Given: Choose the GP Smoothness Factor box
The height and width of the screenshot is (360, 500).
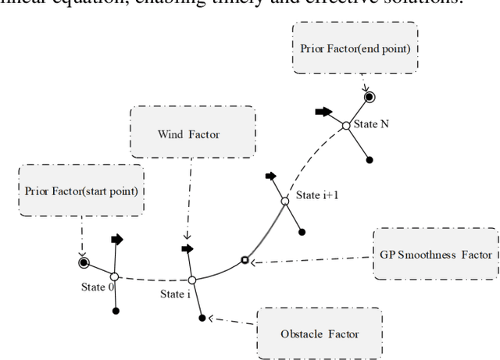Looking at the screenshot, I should tap(435, 255).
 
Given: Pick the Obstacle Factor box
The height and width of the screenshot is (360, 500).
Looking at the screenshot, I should tap(319, 333).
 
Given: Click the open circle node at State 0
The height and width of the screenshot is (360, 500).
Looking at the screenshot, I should tap(114, 276).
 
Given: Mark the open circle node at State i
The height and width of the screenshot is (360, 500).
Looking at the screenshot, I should tap(191, 280).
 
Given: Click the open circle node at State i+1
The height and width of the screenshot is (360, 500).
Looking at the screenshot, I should tap(285, 202).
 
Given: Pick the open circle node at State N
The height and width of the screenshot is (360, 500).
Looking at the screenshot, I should tap(346, 125).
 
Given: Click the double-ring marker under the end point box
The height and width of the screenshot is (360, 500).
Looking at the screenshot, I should tap(369, 97).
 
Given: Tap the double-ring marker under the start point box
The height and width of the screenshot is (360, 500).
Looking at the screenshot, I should tap(83, 262).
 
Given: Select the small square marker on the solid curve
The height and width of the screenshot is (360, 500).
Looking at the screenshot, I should tap(245, 260).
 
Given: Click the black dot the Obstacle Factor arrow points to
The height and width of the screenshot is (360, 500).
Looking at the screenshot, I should tap(202, 318).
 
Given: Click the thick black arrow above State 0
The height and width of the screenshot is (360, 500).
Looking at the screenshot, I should tap(116, 240).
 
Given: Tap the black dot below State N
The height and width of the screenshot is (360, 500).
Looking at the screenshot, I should tap(370, 160).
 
